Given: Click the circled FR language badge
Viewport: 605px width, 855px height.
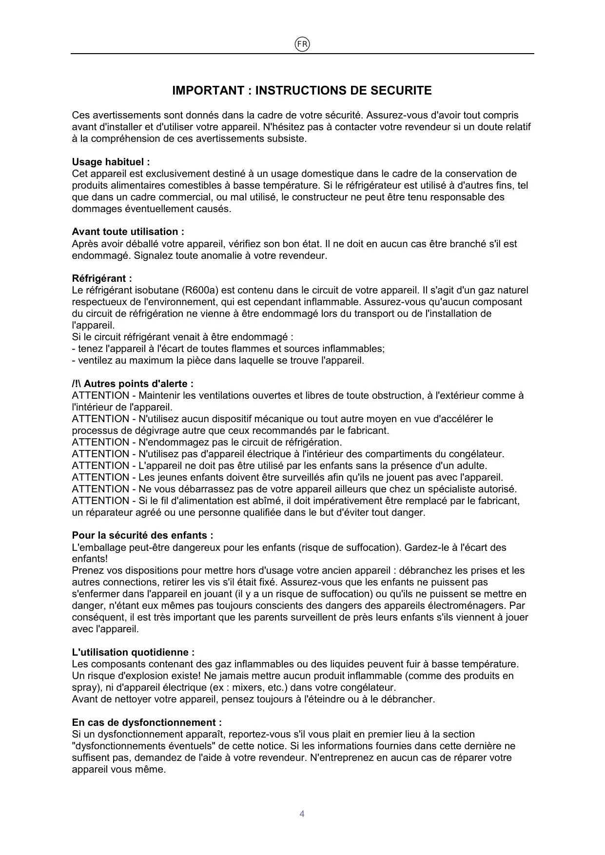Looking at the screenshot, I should tap(302, 44).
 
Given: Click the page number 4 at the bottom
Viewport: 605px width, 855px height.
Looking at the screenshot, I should tap(302, 814).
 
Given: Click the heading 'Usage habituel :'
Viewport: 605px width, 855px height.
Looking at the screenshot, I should tap(111, 162).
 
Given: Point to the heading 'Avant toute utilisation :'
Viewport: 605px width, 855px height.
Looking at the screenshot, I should tap(128, 232).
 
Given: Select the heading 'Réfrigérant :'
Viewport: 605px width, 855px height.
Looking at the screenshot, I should tap(102, 278).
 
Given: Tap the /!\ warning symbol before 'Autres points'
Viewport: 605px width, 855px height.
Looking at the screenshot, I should tap(77, 384).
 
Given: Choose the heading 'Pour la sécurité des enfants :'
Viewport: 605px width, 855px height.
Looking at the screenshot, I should tap(142, 535).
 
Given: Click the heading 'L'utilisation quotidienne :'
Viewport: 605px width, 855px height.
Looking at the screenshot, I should tap(133, 652).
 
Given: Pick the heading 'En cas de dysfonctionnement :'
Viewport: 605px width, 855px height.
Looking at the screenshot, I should tap(147, 722).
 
